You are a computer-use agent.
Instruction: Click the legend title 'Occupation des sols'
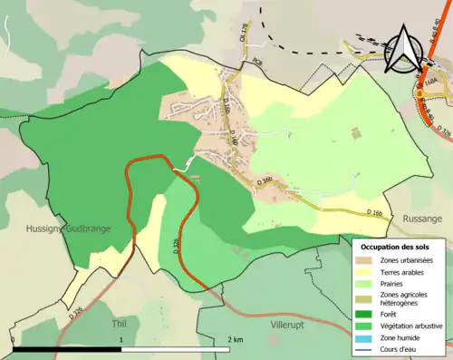click(400, 247)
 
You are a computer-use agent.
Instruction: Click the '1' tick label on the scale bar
click(121, 340)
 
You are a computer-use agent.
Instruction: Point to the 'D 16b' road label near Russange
click(377, 211)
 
